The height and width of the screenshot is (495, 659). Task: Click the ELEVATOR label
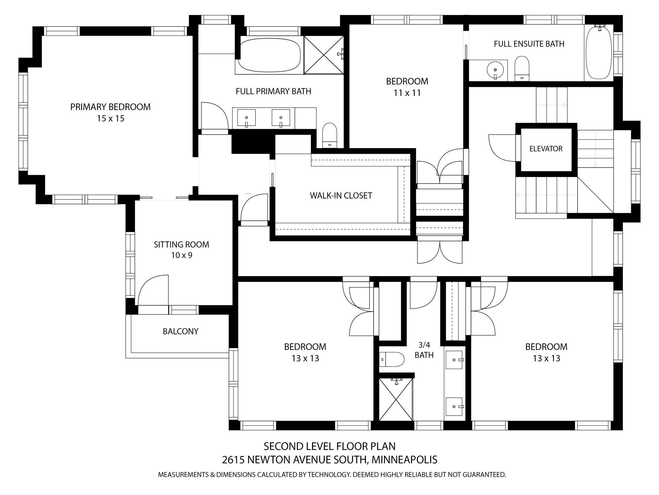pos(546,148)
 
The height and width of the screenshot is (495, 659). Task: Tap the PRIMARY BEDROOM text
pos(110,107)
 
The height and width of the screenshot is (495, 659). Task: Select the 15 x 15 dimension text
pos(110,119)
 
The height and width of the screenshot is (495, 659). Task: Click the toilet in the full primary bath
pos(329,135)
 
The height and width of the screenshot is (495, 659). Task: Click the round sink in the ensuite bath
pos(495,69)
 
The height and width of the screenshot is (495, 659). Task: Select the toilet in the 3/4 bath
pos(392,360)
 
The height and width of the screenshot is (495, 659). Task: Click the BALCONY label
pos(181,331)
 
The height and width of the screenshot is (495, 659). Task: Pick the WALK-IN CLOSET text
pos(341,195)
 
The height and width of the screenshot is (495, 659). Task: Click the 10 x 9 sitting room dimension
pos(182,255)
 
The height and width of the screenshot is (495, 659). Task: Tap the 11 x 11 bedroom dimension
pos(407,93)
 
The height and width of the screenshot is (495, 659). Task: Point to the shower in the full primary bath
pos(323,55)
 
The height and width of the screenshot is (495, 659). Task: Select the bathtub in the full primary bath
pos(269,55)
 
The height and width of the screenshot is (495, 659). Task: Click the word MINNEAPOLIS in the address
pos(405,459)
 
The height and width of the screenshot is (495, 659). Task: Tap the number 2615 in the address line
pos(233,459)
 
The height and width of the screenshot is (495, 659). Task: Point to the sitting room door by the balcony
pos(153,290)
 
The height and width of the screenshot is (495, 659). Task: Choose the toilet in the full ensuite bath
pos(521,68)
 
